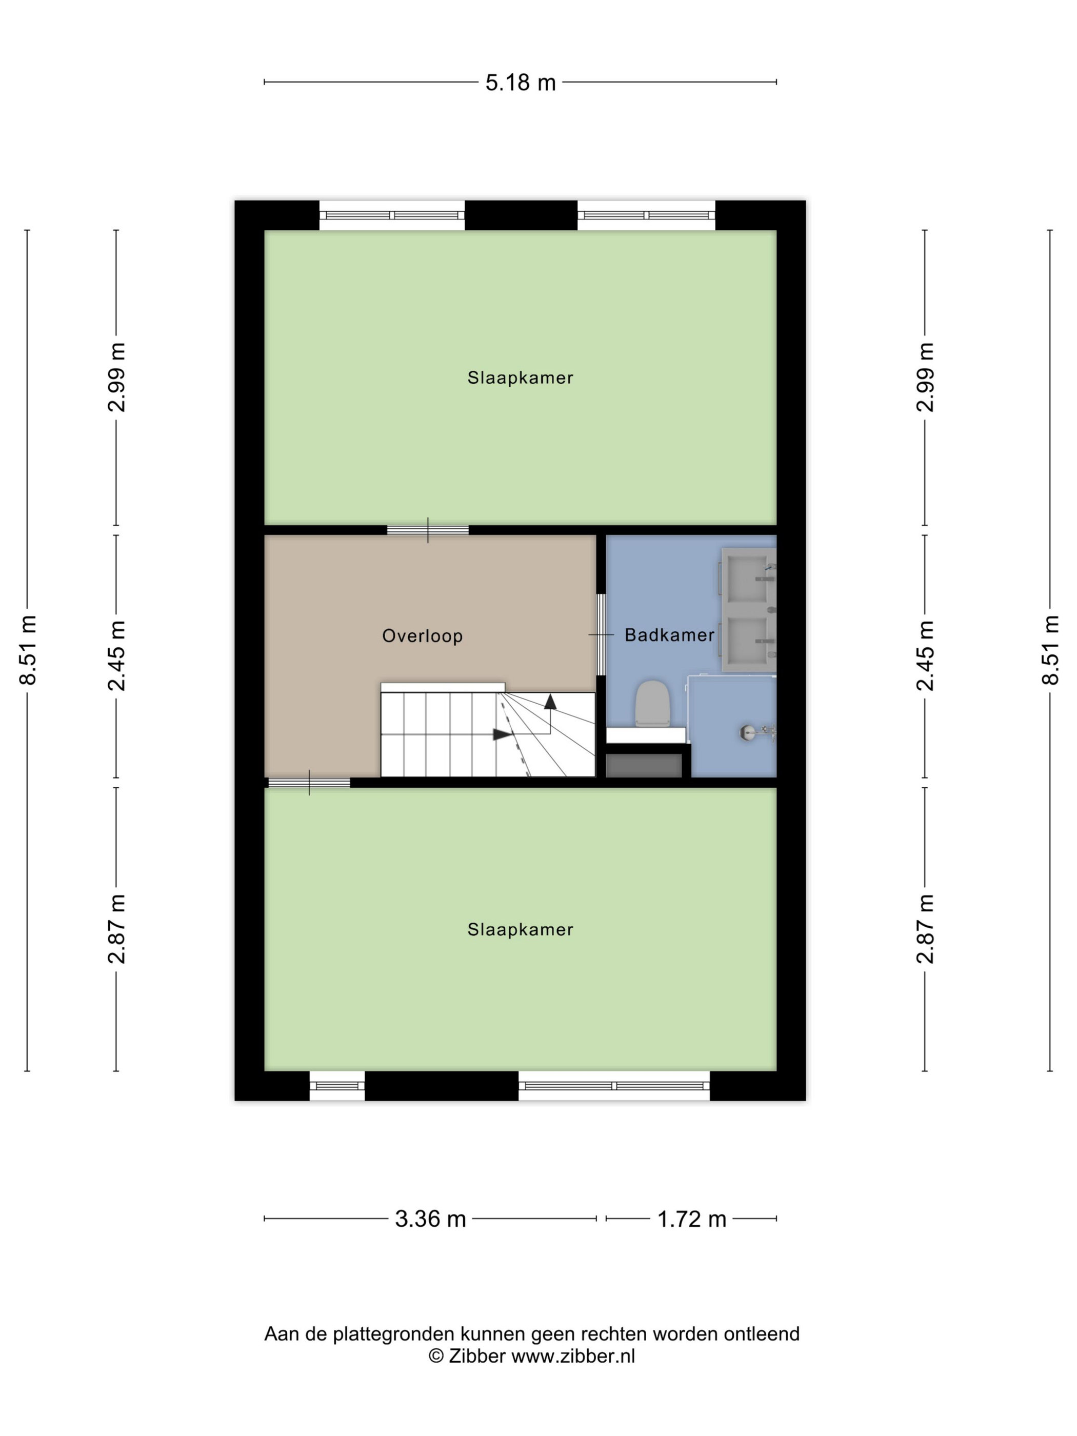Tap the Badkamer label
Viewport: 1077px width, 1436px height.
[669, 635]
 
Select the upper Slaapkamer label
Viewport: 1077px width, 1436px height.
[520, 378]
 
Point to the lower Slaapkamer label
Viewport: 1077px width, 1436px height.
[520, 930]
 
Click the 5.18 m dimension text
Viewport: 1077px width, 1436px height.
[521, 83]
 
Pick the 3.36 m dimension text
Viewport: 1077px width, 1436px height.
[430, 1219]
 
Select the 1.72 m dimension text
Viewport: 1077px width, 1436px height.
[691, 1219]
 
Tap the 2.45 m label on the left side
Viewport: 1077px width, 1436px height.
[117, 655]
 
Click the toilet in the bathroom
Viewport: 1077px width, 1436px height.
[652, 704]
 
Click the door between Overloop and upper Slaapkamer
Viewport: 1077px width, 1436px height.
[428, 530]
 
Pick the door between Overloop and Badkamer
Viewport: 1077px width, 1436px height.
[601, 634]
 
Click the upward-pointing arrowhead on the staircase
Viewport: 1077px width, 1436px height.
[550, 701]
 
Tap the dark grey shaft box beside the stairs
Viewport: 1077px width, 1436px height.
[643, 765]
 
